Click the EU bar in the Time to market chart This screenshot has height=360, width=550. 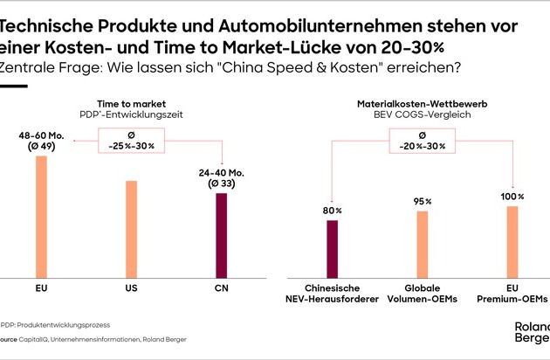click(x=41, y=216)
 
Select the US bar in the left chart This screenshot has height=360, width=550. click(x=131, y=228)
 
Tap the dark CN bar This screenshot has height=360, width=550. click(x=221, y=234)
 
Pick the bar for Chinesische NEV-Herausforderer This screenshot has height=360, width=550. click(x=333, y=248)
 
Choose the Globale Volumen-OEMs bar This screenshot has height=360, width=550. click(x=423, y=243)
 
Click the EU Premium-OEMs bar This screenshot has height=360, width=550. click(x=512, y=240)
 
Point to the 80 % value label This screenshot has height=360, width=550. click(x=333, y=210)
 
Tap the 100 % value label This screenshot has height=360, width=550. click(x=512, y=195)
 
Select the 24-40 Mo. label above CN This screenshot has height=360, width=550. click(x=221, y=177)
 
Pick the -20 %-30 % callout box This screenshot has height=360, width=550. click(x=423, y=141)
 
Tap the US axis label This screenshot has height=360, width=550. click(x=131, y=287)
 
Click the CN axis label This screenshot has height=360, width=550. click(x=221, y=287)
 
